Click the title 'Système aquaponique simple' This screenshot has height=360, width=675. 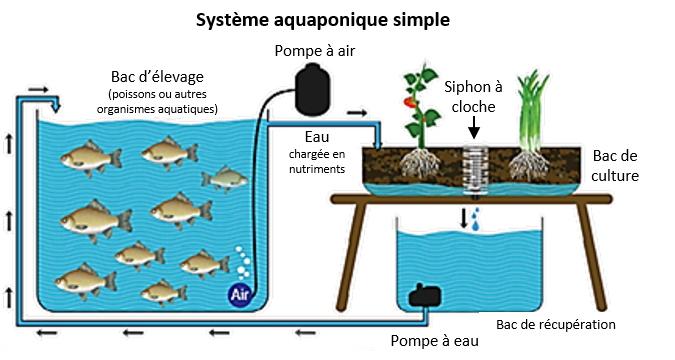323,20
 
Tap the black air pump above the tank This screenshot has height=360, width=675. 313,90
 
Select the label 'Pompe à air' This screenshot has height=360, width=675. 315,51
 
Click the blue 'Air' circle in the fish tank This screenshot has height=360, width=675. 239,295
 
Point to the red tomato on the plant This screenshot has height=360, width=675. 409,102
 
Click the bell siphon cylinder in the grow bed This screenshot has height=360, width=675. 475,170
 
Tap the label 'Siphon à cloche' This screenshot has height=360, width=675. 473,97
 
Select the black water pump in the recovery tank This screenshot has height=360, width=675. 424,295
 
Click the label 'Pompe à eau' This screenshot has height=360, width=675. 434,341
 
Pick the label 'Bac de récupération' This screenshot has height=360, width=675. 556,325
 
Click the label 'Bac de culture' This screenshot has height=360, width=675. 615,166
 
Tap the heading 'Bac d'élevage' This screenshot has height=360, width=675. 157,77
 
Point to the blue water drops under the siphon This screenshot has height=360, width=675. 475,219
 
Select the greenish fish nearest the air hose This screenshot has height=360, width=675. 225,179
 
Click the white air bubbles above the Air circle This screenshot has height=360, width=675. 243,263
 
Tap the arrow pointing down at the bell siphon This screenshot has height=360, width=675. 474,127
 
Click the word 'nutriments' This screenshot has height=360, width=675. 317,169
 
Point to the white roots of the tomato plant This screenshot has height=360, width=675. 420,163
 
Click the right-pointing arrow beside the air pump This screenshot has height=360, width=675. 357,113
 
